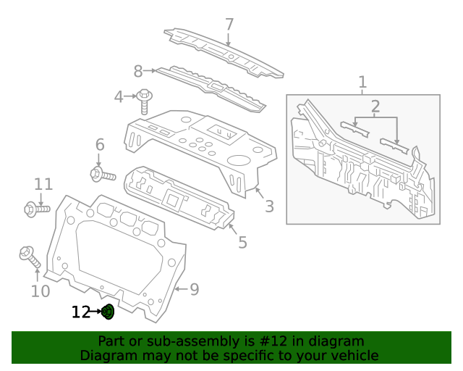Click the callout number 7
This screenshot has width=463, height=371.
[229, 25]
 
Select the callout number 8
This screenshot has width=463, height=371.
[138, 71]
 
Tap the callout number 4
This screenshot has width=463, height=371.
[119, 96]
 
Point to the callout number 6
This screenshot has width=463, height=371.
[99, 145]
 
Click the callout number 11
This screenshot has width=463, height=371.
[43, 184]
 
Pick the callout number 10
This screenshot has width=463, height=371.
[41, 291]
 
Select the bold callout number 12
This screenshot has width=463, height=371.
[80, 312]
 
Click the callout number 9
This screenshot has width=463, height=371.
[194, 290]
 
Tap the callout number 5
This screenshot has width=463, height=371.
[242, 242]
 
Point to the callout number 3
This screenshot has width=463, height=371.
[269, 207]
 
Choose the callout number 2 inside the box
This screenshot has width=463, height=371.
[375, 107]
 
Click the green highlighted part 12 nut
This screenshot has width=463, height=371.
[108, 312]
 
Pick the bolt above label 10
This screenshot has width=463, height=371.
[30, 257]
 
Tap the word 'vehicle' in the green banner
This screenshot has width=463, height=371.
[352, 355]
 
